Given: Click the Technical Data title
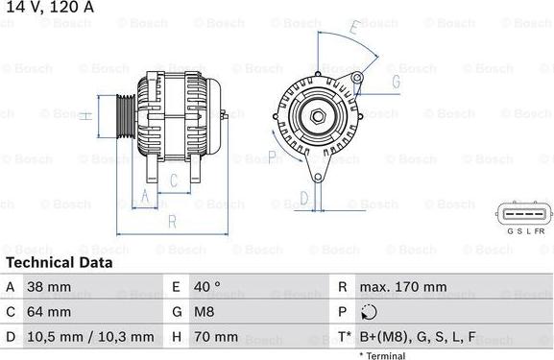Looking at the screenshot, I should pyautogui.click(x=59, y=262).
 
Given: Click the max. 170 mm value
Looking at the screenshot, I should pyautogui.click(x=402, y=287).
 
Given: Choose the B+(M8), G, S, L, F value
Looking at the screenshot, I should pyautogui.click(x=419, y=337).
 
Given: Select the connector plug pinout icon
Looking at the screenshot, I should pyautogui.click(x=524, y=214).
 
